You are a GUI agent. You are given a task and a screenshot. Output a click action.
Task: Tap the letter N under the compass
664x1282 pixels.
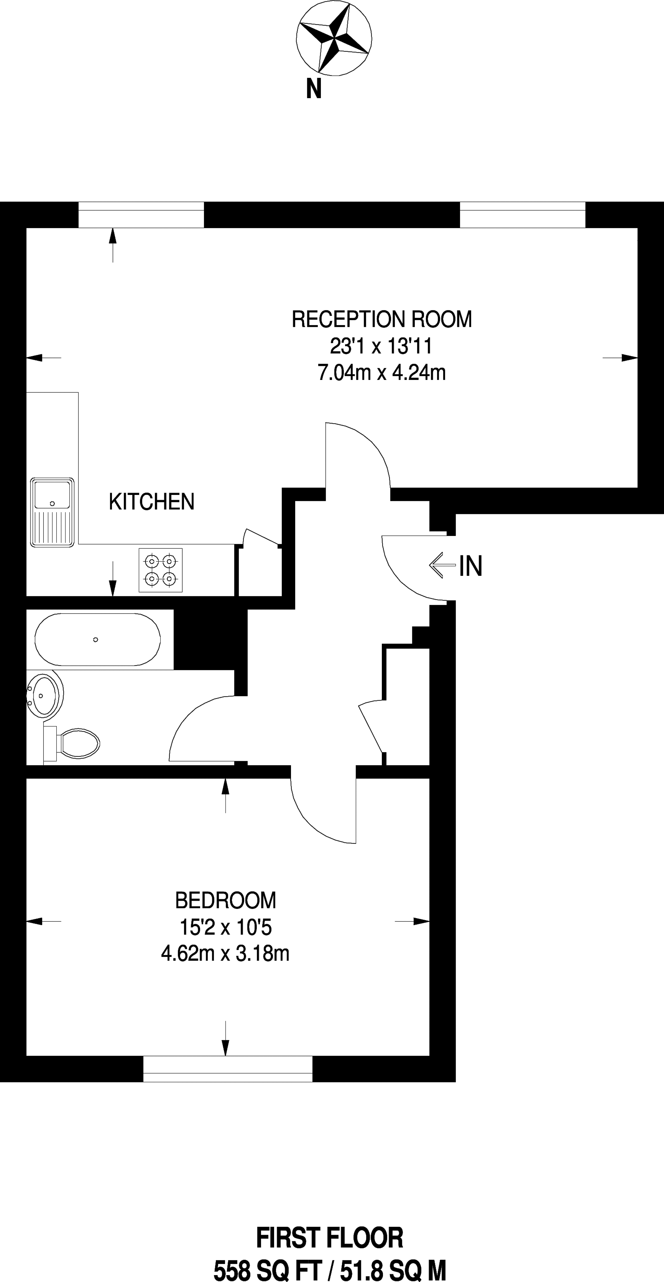[x=314, y=90]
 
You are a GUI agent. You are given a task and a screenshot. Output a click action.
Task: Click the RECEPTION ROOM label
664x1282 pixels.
[x=382, y=319]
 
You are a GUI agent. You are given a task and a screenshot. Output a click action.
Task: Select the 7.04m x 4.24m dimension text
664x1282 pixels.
[x=382, y=372]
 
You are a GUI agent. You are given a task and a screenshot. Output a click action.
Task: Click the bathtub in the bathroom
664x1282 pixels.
[x=97, y=639]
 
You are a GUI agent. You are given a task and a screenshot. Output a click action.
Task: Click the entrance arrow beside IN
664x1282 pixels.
[x=442, y=565]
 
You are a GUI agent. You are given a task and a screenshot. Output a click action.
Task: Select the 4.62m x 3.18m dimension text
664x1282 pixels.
[x=225, y=954]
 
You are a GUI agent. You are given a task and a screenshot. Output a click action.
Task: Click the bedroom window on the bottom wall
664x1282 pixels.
[x=228, y=1069]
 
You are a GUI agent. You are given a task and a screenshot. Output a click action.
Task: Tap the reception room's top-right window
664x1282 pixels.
[x=523, y=215]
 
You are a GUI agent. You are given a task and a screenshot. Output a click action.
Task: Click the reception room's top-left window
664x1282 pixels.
[x=141, y=215]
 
